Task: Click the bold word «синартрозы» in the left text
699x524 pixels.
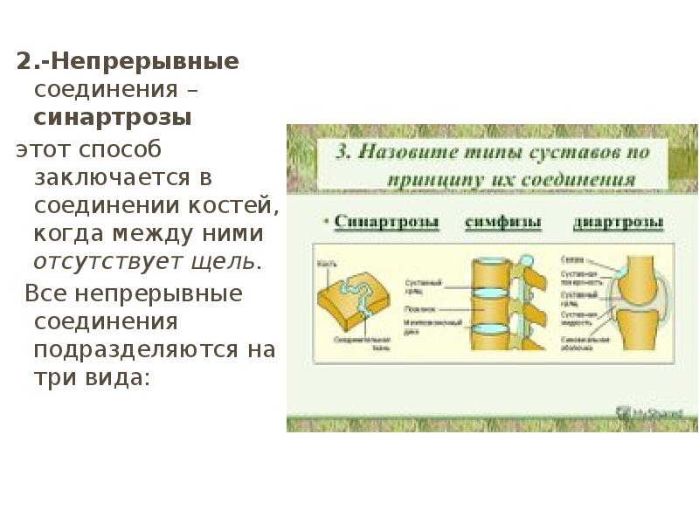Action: point(113,118)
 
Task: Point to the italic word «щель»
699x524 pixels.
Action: point(230,261)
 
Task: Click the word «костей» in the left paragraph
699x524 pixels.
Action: point(231,205)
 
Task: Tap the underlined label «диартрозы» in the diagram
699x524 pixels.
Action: point(618,222)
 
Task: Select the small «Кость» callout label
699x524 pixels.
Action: point(326,261)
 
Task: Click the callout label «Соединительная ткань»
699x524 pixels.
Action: point(356,343)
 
